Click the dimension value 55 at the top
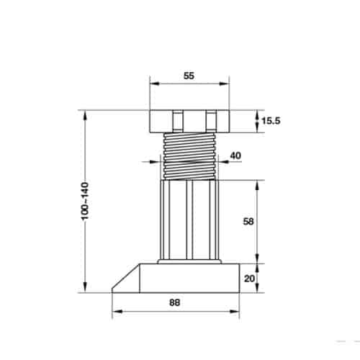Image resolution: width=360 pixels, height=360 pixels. (189, 76)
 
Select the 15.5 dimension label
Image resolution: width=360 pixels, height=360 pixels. (271, 121)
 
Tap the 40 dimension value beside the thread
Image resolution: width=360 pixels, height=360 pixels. (235, 156)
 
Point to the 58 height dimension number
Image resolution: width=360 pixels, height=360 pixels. (248, 221)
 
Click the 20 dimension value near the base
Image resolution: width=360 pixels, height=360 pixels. (249, 279)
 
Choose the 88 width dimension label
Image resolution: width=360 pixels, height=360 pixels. (175, 302)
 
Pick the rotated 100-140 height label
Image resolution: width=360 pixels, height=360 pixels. (85, 201)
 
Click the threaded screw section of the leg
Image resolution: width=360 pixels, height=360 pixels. (189, 156)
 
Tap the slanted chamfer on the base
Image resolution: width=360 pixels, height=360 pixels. (126, 279)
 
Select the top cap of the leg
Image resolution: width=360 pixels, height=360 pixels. (189, 121)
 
